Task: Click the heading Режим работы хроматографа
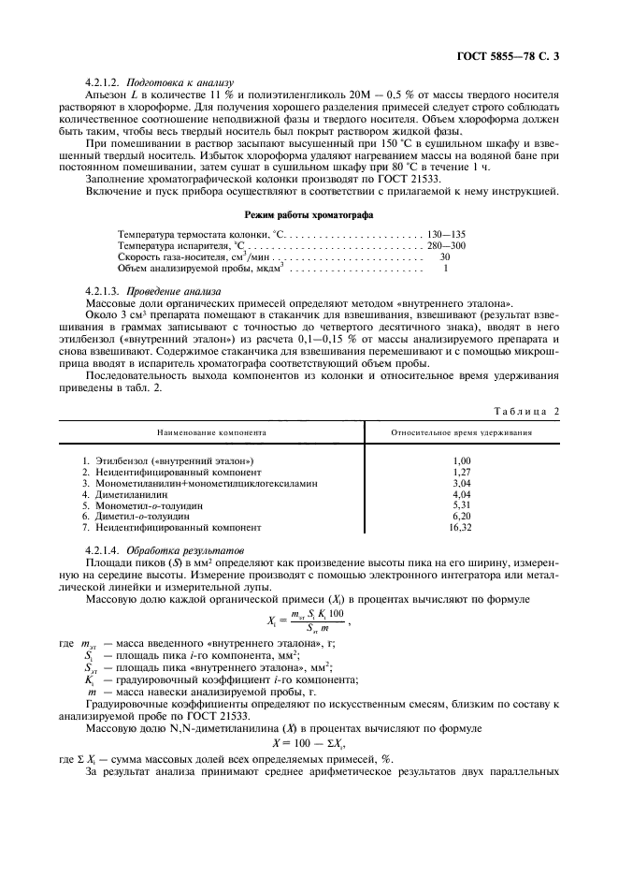[309, 214]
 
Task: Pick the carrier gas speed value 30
[445, 255]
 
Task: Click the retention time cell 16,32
[461, 527]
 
